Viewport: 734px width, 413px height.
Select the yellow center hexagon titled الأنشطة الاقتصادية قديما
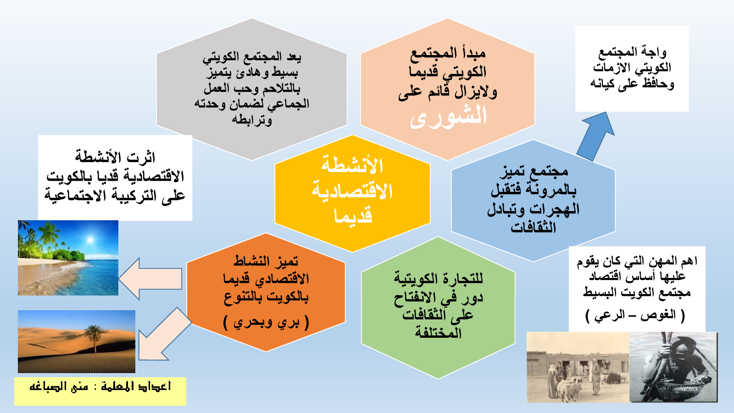[353, 193]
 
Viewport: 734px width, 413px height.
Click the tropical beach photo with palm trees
[68, 257]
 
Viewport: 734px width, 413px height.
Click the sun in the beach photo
[90, 239]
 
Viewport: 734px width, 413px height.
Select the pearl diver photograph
[673, 367]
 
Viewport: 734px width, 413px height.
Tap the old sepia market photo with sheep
[578, 367]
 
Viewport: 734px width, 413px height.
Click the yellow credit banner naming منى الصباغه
[100, 391]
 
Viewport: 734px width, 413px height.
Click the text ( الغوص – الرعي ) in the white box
[635, 316]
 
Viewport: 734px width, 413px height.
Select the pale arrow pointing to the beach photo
[150, 279]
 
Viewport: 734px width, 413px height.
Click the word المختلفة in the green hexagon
[439, 333]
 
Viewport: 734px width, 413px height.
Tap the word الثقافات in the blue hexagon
[534, 227]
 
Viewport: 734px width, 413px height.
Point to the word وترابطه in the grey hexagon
[252, 120]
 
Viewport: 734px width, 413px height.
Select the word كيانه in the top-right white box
[604, 84]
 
